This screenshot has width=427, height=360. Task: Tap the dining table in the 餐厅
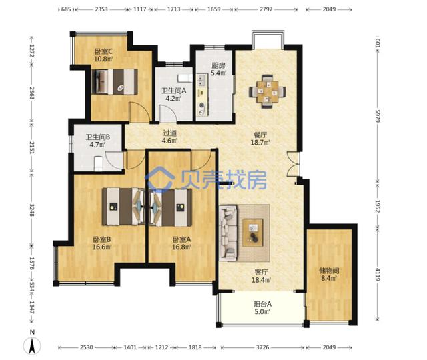267,91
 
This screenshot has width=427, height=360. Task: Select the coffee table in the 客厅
253,233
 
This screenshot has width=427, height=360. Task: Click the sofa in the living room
228,233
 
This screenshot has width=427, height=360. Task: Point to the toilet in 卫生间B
98,163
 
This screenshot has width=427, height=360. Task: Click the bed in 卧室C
115,82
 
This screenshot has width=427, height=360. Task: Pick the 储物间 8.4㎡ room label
329,274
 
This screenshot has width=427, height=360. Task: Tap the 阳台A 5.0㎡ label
262,308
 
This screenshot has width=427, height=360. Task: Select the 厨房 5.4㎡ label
219,69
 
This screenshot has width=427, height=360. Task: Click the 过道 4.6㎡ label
169,137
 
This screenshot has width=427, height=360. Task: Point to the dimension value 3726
262,347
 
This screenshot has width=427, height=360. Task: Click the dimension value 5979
378,116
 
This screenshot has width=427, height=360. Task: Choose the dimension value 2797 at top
266,9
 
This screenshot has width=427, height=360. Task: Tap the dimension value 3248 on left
32,210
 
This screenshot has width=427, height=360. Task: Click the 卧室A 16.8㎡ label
181,243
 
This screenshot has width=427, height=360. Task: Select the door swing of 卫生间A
167,113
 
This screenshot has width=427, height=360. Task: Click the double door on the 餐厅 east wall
293,164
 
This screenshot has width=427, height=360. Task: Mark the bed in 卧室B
123,206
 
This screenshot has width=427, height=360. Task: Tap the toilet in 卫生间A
185,79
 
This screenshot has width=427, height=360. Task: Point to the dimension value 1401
130,347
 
